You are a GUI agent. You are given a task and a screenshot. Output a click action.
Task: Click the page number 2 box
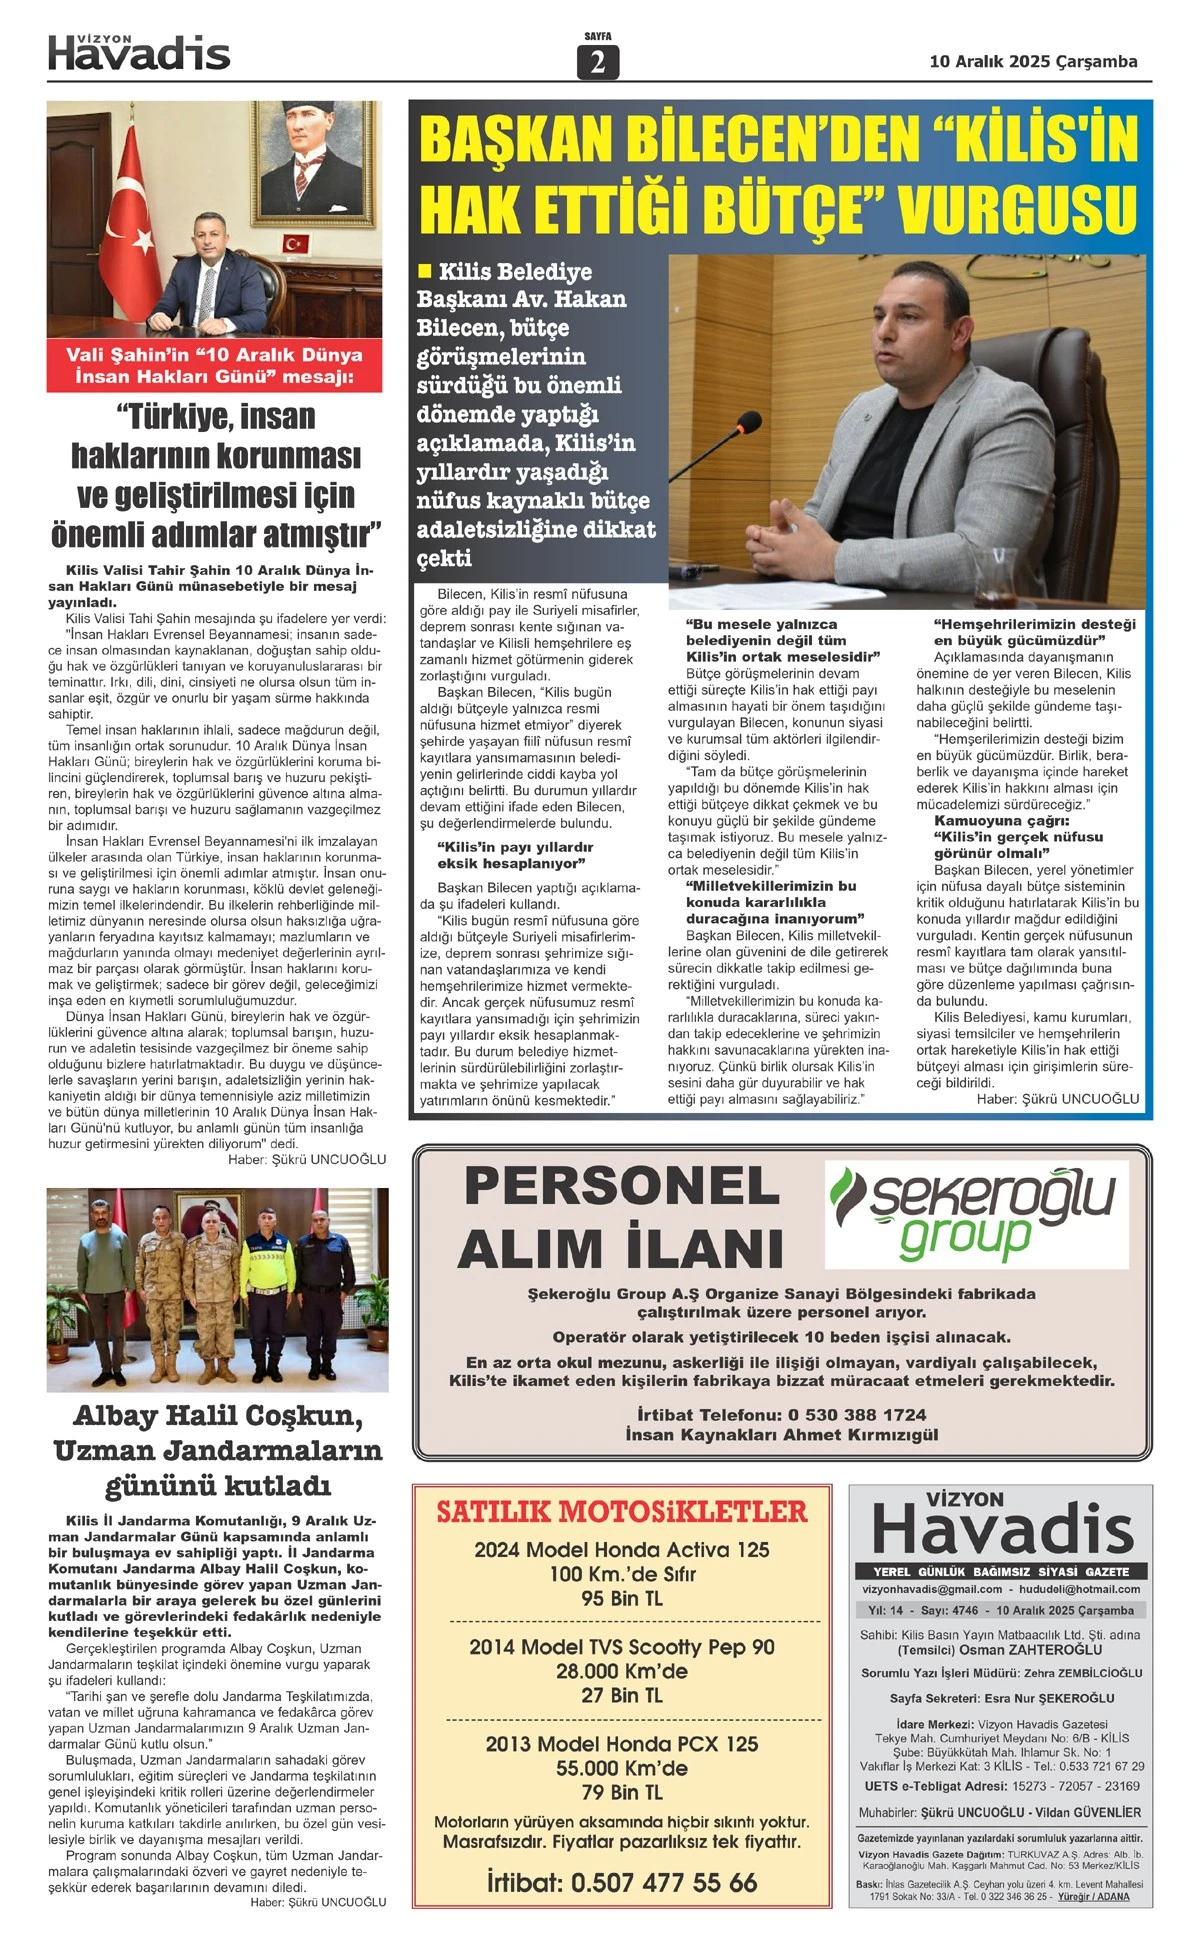[597, 62]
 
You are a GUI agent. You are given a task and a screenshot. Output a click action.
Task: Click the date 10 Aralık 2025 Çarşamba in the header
[1033, 62]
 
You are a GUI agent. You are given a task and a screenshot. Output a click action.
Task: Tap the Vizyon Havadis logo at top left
[139, 53]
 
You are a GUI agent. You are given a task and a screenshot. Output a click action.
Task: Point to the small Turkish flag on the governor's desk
[295, 243]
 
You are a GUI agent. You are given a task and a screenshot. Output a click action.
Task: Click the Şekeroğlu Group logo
[975, 1213]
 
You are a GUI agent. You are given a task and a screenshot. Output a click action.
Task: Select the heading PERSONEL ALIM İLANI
[620, 1217]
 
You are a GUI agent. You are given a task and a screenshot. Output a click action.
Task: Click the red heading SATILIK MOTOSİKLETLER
[621, 1512]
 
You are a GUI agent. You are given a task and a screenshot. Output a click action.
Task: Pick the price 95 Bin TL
[621, 1599]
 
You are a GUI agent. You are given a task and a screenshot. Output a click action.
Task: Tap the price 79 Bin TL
[621, 1792]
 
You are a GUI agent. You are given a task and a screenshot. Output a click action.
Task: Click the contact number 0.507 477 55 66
[663, 1883]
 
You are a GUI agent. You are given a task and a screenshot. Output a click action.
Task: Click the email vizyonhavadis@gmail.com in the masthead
[932, 1589]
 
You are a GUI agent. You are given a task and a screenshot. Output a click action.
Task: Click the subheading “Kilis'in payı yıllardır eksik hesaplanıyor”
[514, 855]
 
